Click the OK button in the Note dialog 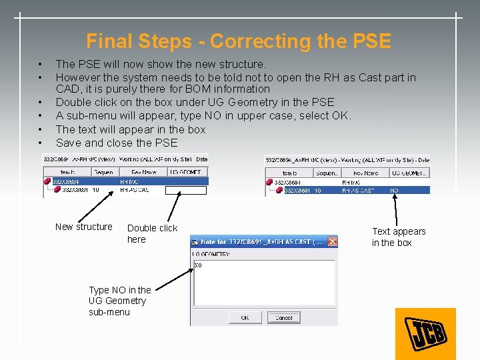(245, 318)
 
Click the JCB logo (425, 333)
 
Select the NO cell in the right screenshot (395, 191)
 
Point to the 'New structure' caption (84, 227)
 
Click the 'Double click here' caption (152, 233)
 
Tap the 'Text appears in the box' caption (399, 237)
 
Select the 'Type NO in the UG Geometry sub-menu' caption (119, 301)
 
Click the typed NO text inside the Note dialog (198, 265)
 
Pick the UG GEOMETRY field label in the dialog (211, 255)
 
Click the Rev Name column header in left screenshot (139, 172)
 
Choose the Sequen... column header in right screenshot (327, 173)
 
